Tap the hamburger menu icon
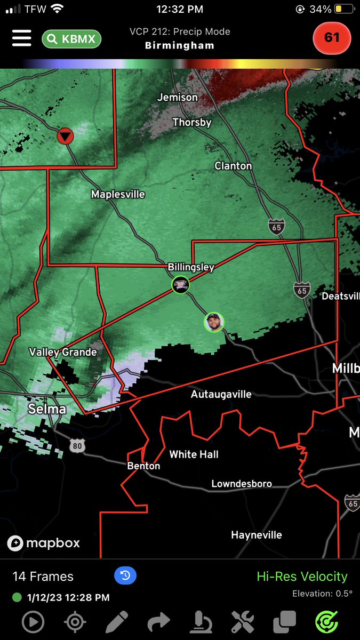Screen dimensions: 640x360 [x=21, y=38]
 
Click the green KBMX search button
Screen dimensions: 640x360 [x=71, y=38]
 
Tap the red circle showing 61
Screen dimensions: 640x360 [x=332, y=38]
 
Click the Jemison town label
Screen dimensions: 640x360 [x=178, y=98]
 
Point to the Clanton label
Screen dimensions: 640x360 [x=233, y=166]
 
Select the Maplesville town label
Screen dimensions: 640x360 [x=118, y=194]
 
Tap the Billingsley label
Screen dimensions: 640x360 [x=191, y=267]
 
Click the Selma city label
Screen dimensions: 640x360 [x=47, y=409]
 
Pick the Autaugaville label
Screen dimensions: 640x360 [x=221, y=395]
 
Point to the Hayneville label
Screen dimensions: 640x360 [x=257, y=535]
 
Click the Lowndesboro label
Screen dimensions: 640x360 [x=242, y=484]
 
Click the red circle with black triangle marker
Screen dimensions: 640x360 [x=66, y=137]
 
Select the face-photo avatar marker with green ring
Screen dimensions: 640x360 [x=214, y=322]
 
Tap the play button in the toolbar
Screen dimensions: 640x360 [x=33, y=622]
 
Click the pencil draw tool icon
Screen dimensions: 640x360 [x=117, y=622]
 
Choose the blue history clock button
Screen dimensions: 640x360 [x=125, y=575]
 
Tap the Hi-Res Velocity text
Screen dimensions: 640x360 [x=302, y=576]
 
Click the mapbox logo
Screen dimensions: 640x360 [x=44, y=543]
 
